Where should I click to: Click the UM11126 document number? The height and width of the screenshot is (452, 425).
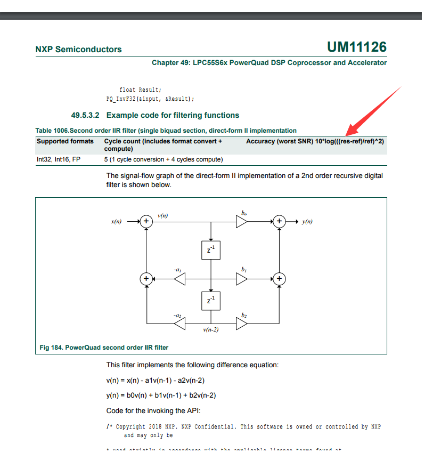point(356,47)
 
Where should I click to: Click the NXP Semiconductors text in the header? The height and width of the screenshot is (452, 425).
point(78,50)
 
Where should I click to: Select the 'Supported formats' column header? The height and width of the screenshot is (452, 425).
point(65,141)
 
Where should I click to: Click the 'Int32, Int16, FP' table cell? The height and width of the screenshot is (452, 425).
point(59,159)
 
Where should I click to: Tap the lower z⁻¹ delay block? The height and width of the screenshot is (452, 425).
point(211,301)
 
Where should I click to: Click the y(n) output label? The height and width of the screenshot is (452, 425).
point(307,222)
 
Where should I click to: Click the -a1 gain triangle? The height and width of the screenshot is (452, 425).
point(179,278)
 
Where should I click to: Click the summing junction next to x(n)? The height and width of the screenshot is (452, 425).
point(145,222)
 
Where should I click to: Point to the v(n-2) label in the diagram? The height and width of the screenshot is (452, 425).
point(211,330)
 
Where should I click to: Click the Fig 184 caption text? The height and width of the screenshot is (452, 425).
point(104,348)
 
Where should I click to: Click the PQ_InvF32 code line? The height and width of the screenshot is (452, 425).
point(150,99)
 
